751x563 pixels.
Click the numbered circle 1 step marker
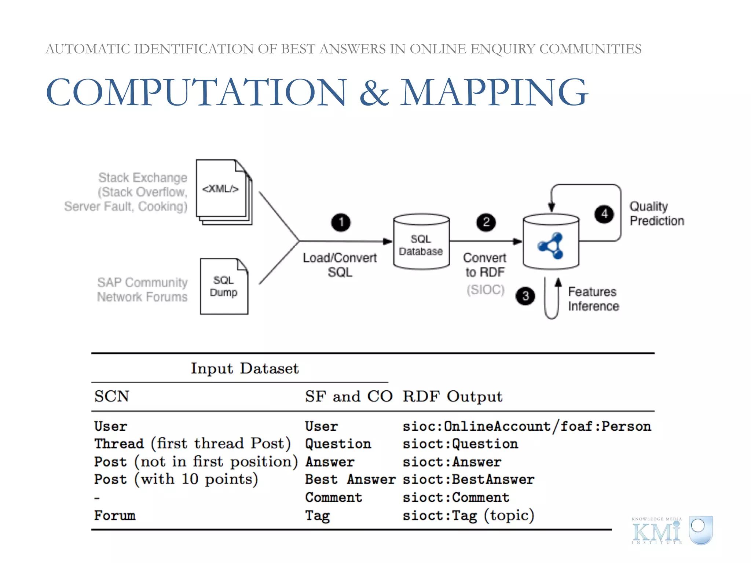coord(341,222)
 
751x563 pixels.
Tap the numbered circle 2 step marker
coord(486,222)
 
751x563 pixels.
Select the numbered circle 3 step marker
coord(525,296)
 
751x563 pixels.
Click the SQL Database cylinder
coord(421,242)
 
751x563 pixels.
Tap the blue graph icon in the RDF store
coord(551,246)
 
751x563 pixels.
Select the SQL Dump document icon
coord(224,286)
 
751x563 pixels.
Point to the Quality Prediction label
coord(656,214)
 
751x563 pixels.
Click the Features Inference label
coord(593,299)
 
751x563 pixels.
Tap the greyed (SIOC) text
coord(486,290)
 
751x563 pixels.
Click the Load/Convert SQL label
coord(340,265)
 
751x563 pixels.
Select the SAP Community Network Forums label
coord(142,290)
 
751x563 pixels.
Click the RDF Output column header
coord(453,397)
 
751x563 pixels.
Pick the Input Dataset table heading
coord(245,368)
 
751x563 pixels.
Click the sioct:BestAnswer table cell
coord(468,479)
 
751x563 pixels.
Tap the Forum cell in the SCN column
coord(115,515)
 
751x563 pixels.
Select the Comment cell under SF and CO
coord(333,497)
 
